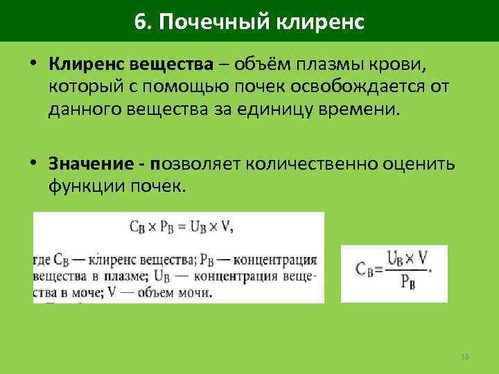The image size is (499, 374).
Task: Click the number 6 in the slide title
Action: click(x=141, y=21)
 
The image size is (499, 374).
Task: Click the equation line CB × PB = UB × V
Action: click(x=180, y=226)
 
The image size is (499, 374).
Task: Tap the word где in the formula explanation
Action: click(x=41, y=260)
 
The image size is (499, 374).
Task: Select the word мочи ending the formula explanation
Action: click(x=197, y=292)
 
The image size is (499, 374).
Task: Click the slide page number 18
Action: click(x=465, y=357)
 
